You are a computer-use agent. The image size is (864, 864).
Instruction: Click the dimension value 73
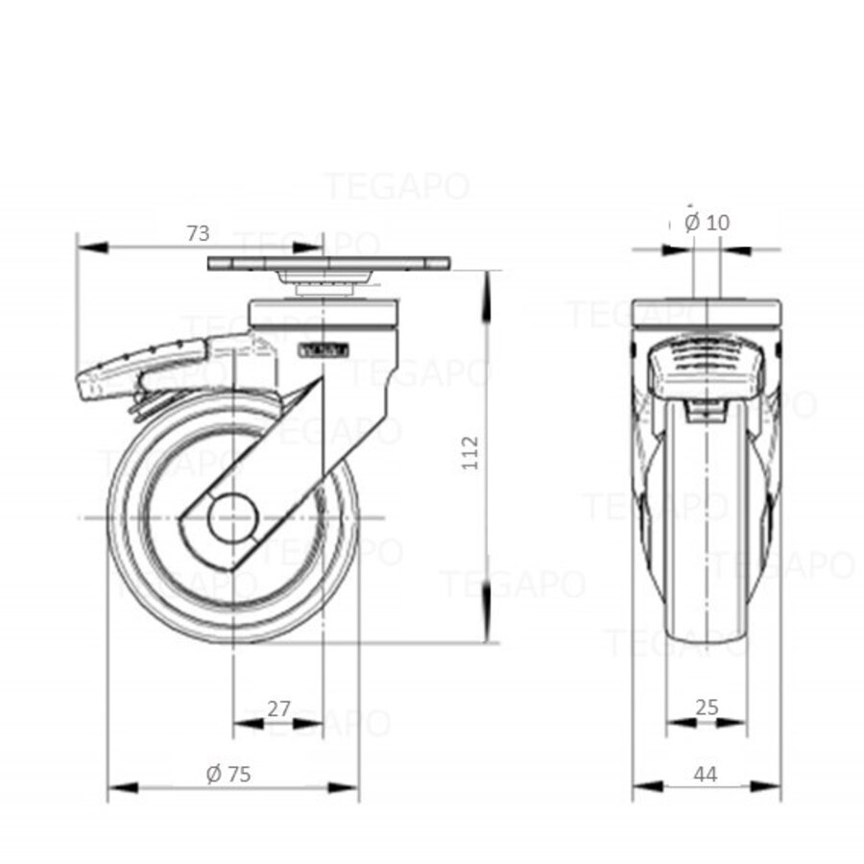point(197,232)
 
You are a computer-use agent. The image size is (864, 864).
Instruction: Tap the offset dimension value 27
point(278,708)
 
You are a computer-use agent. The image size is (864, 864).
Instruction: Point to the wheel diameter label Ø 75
point(228,774)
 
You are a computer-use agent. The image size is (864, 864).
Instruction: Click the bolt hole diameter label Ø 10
point(708,223)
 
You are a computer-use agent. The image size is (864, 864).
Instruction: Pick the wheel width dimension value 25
point(707,708)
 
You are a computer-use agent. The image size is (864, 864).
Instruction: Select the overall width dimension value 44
point(707,774)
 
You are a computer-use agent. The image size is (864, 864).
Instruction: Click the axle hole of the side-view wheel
point(231,519)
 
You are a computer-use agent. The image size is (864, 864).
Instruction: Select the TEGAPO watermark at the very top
point(396,185)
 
